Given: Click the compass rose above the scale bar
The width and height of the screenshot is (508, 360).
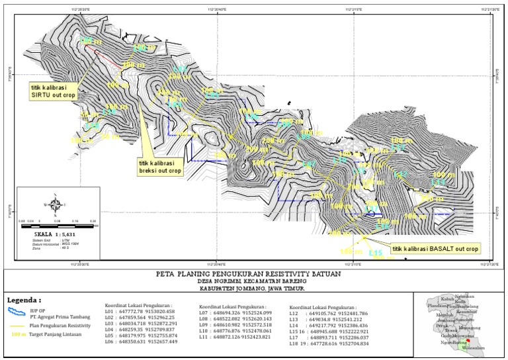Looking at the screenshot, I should point(58,204).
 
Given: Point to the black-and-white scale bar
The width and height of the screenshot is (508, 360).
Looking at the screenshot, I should point(58,225).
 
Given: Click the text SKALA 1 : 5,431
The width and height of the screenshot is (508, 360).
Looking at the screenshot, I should point(58,234).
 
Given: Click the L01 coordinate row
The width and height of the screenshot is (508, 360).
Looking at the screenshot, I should point(140,311).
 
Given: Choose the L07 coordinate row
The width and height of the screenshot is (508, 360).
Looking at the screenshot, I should point(234,312).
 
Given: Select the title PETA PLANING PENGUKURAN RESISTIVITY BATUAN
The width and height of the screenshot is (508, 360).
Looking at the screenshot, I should point(253,273).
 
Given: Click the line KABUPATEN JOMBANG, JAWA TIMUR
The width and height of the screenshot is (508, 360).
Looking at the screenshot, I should point(253,289).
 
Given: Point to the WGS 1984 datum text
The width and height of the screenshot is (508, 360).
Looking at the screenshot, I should point(64,244).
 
